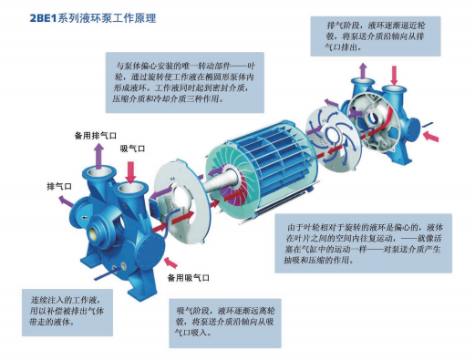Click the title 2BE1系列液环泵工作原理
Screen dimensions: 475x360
(93, 18)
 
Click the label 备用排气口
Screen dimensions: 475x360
(96, 136)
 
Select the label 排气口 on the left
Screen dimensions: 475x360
(59, 186)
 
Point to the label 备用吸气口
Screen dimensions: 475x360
(189, 278)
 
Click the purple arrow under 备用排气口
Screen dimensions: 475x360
(98, 156)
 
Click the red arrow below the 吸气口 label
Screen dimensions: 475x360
(130, 172)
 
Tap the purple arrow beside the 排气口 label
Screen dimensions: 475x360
(66, 201)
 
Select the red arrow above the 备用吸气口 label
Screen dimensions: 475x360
(170, 262)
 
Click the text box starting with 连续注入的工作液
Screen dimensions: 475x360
(67, 313)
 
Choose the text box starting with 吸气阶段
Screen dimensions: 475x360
(225, 323)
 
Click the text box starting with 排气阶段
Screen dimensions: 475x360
(376, 36)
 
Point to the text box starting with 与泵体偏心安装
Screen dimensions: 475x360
(185, 82)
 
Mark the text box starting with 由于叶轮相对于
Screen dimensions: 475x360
(364, 243)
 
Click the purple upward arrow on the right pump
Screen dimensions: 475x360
(363, 71)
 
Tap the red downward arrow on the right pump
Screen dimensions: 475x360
(394, 75)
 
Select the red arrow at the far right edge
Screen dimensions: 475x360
(431, 136)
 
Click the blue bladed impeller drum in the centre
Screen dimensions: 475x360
(263, 169)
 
